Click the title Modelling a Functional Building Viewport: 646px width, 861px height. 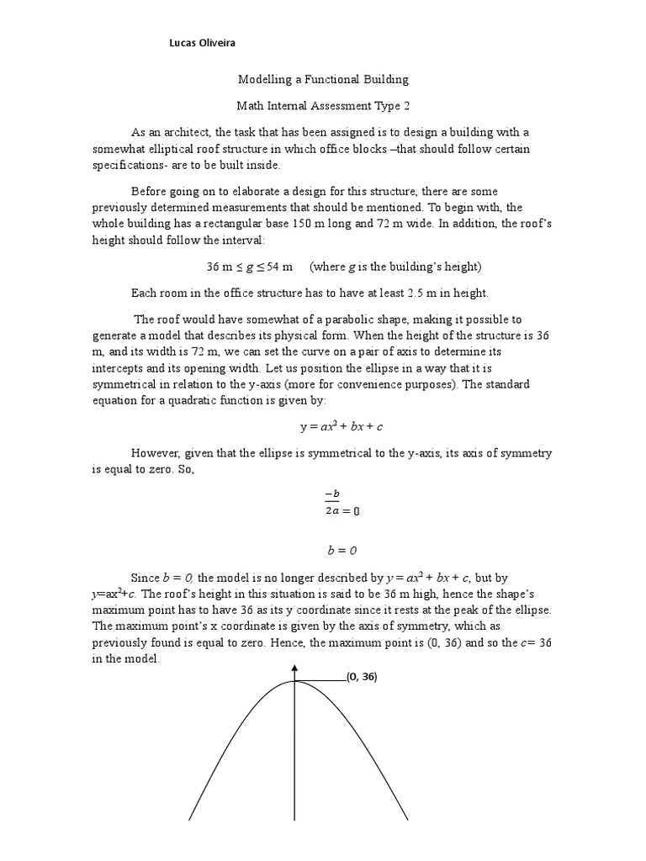click(x=323, y=79)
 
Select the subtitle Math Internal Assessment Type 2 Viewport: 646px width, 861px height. click(x=323, y=107)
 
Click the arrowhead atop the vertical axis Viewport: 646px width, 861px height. click(x=295, y=668)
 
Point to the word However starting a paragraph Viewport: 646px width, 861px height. click(x=155, y=453)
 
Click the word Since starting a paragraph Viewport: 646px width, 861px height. click(x=146, y=578)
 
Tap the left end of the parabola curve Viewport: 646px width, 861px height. click(x=190, y=819)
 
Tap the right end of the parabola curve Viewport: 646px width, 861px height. click(x=408, y=819)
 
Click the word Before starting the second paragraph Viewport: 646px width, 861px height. click(x=150, y=192)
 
